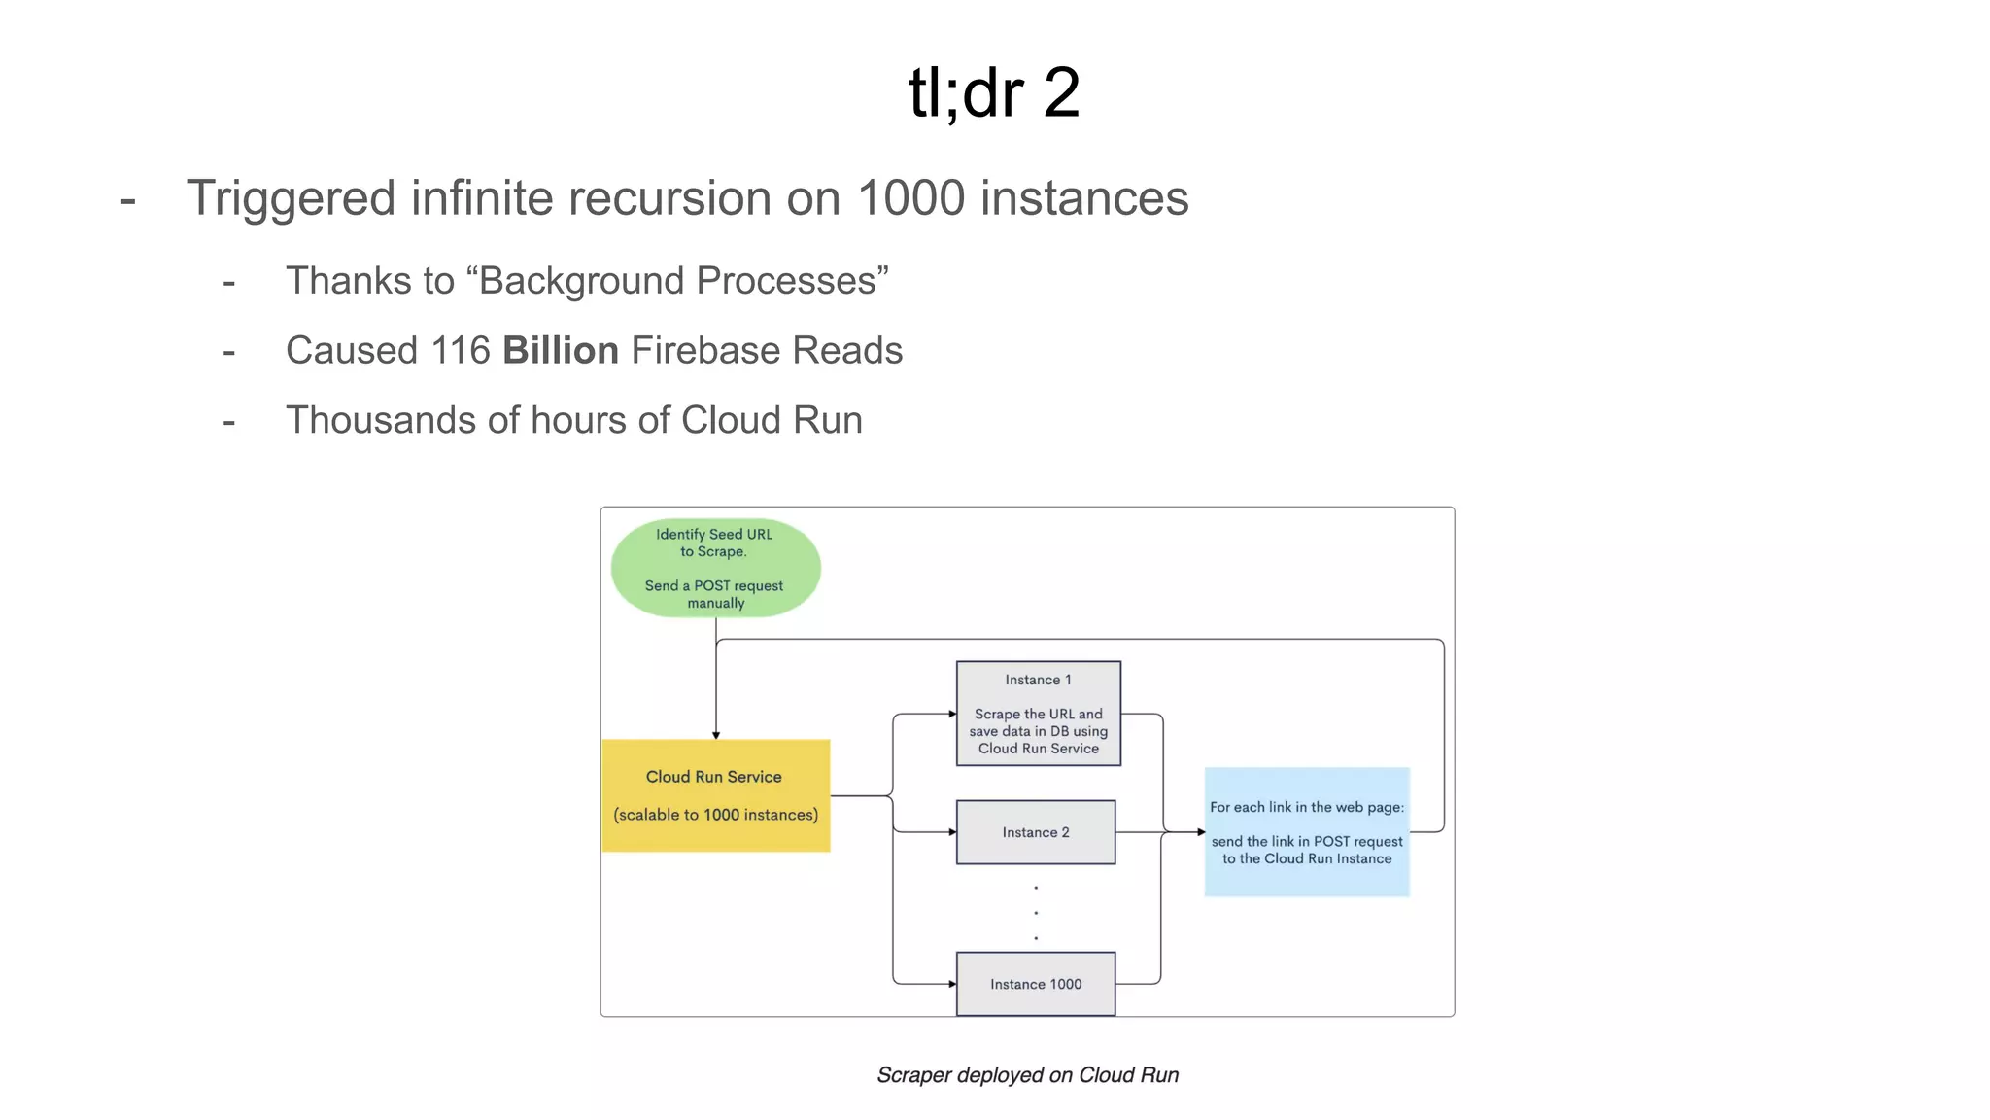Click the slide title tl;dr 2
tap(993, 93)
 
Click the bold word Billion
tap(561, 351)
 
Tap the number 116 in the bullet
tap(461, 351)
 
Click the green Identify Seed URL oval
tap(715, 568)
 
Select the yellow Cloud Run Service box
tap(715, 795)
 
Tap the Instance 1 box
tap(1038, 714)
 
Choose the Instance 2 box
tap(1036, 832)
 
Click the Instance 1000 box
tap(1036, 984)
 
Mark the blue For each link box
tap(1307, 832)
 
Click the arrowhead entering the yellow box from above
tap(716, 735)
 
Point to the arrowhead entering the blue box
tap(1201, 832)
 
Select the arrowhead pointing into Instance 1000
tap(952, 984)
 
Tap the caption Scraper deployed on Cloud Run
tap(1027, 1075)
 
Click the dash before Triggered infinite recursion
tap(128, 201)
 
